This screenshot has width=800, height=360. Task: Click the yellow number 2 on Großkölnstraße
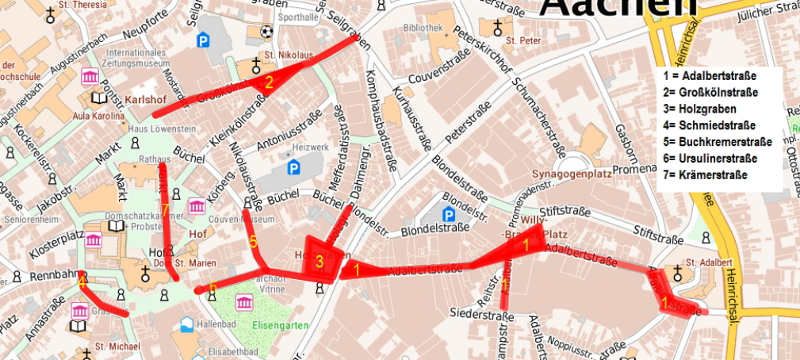point(269,82)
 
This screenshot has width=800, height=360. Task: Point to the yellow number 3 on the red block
point(319,260)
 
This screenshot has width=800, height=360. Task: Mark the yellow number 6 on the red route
point(212,287)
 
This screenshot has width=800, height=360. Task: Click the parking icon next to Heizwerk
point(293,167)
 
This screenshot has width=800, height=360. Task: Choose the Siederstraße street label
point(478,314)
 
